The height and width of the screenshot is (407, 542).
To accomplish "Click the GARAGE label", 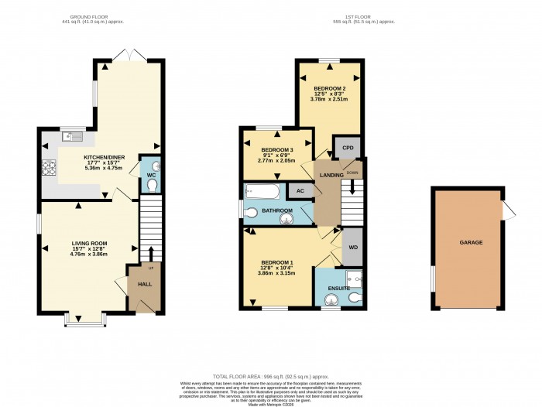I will [x=471, y=242].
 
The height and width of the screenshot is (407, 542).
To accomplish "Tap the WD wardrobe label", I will [x=353, y=248].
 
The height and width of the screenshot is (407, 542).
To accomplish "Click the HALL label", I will [x=145, y=285].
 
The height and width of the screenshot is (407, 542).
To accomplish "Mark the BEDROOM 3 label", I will [x=276, y=149].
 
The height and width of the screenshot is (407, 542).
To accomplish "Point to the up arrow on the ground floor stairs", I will [x=151, y=253].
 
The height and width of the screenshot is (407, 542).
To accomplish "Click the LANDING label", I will [x=332, y=176].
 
